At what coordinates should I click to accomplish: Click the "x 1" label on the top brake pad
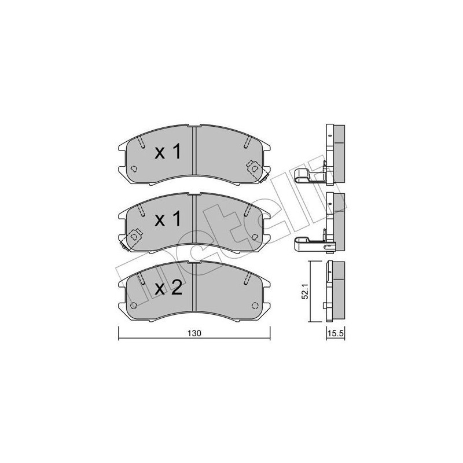pyautogui.click(x=168, y=152)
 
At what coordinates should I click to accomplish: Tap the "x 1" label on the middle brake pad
pyautogui.click(x=168, y=219)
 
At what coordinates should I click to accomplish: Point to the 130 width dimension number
pyautogui.click(x=194, y=334)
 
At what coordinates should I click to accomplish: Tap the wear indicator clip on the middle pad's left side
pyautogui.click(x=134, y=237)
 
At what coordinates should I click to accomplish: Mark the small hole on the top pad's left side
pyautogui.click(x=133, y=169)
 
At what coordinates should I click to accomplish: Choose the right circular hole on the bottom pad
pyautogui.click(x=255, y=306)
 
